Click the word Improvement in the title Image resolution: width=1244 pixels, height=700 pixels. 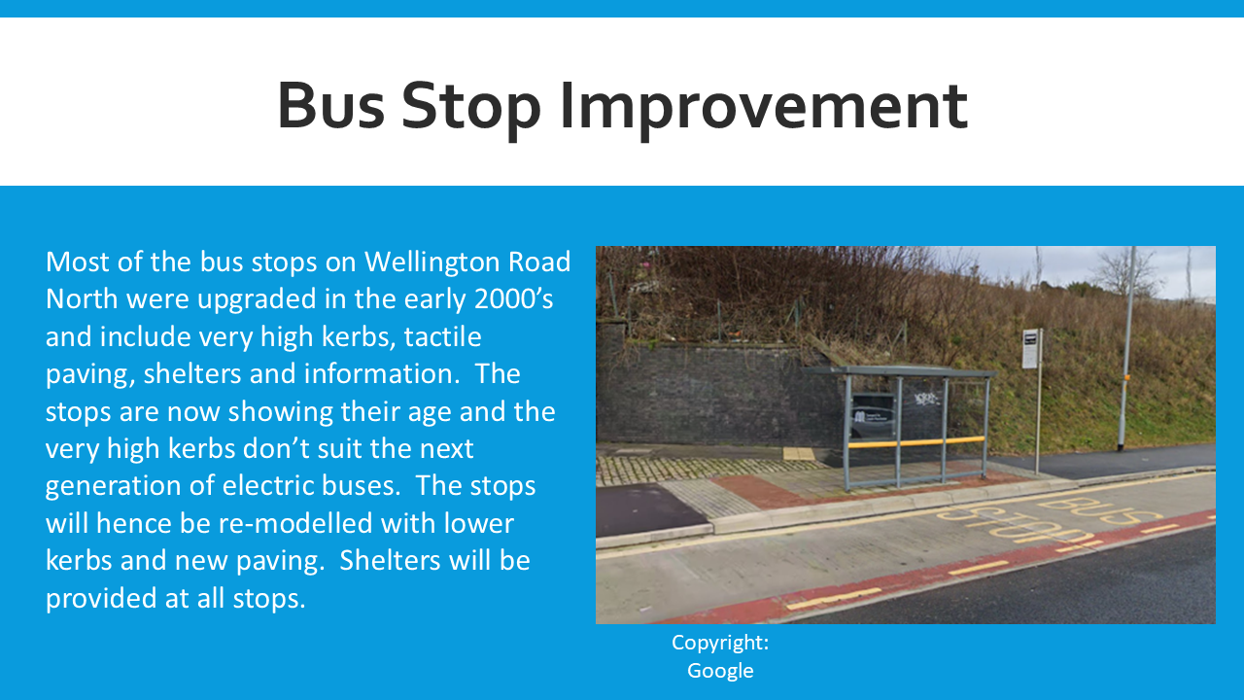pos(764,107)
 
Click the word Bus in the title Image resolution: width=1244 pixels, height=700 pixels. pos(331,105)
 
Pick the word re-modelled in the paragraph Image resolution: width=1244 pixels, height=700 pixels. pos(294,523)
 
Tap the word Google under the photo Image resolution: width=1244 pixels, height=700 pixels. pos(720,671)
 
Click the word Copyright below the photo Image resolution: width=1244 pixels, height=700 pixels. pos(717,644)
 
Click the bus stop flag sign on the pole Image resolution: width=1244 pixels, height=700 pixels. pos(1031,348)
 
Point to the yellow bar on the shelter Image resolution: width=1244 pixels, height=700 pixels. pos(916,442)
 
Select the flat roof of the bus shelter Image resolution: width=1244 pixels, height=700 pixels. pos(900,371)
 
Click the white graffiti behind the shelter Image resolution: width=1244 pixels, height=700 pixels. pos(926,399)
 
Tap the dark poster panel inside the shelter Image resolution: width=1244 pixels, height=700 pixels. pos(873,415)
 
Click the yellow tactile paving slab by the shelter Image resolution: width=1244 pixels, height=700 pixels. pos(799,453)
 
